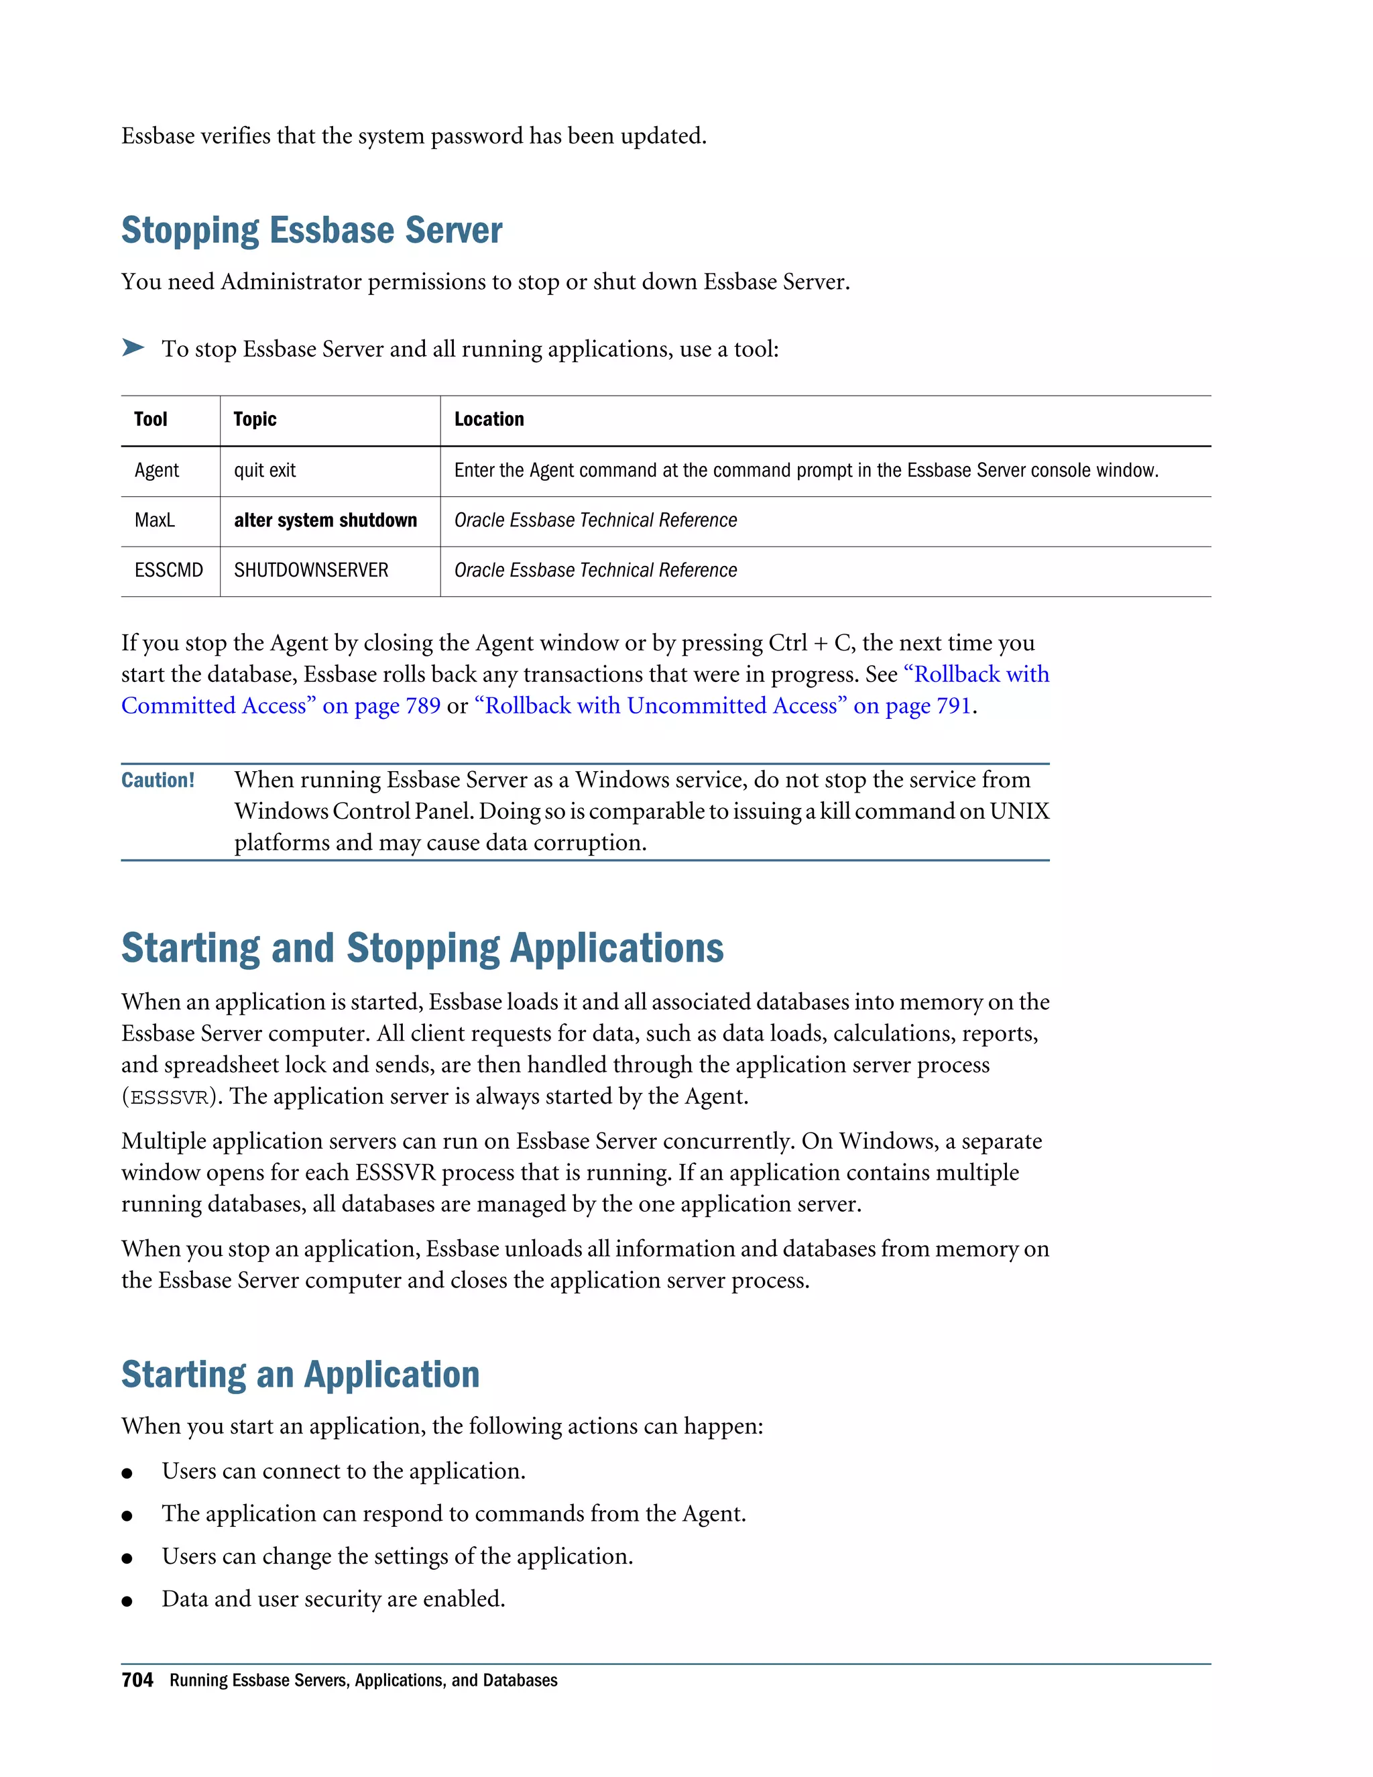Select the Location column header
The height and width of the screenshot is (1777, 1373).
[x=489, y=419]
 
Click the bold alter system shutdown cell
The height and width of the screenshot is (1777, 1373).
[x=325, y=521]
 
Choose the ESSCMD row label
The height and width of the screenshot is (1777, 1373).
[x=168, y=571]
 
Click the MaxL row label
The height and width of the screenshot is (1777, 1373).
[x=155, y=521]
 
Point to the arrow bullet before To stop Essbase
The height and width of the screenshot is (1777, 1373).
[x=133, y=348]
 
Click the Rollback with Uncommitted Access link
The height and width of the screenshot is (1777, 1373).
[x=722, y=706]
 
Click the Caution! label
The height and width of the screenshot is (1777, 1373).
[x=158, y=781]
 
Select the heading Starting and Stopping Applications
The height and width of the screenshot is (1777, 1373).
[x=422, y=949]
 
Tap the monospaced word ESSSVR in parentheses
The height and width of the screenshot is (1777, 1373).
[x=169, y=1098]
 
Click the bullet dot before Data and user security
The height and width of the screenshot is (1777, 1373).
[x=127, y=1601]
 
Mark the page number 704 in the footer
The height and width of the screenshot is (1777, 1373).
[x=137, y=1680]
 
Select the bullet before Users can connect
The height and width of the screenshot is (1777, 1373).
[x=127, y=1473]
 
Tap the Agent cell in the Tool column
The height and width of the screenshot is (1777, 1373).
[x=156, y=470]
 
